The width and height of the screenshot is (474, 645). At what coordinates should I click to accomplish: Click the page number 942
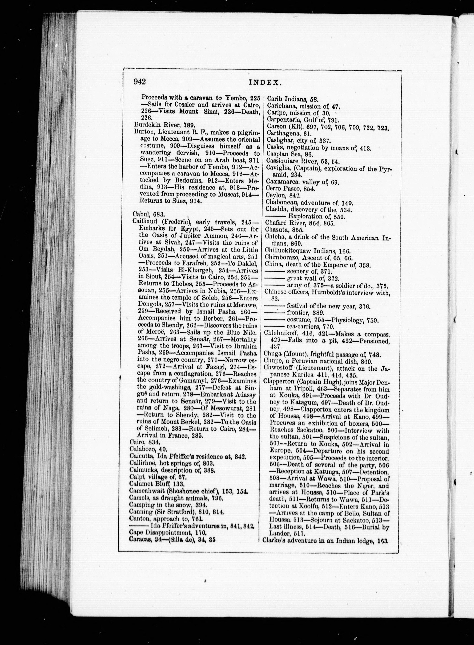click(x=140, y=82)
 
